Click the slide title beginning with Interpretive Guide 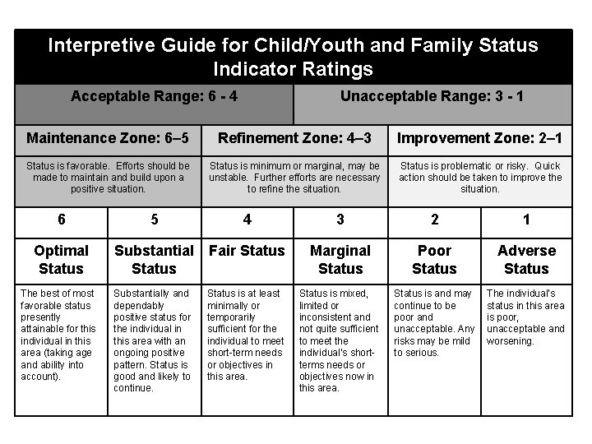pyautogui.click(x=293, y=56)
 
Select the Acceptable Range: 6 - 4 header pyautogui.click(x=155, y=96)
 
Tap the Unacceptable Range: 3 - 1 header pyautogui.click(x=432, y=96)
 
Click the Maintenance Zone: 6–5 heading pyautogui.click(x=108, y=136)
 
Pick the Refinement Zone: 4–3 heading pyautogui.click(x=294, y=136)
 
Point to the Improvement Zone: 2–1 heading pyautogui.click(x=479, y=136)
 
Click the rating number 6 pyautogui.click(x=62, y=219)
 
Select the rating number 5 pyautogui.click(x=155, y=219)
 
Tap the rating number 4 pyautogui.click(x=247, y=219)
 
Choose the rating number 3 pyautogui.click(x=340, y=219)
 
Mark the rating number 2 pyautogui.click(x=434, y=219)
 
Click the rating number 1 pyautogui.click(x=526, y=219)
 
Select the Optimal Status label pyautogui.click(x=62, y=259)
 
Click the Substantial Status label pyautogui.click(x=155, y=259)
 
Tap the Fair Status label pyautogui.click(x=247, y=251)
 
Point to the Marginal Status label pyautogui.click(x=340, y=259)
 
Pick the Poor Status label pyautogui.click(x=434, y=259)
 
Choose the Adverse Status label pyautogui.click(x=526, y=259)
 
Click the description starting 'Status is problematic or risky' pyautogui.click(x=479, y=177)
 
